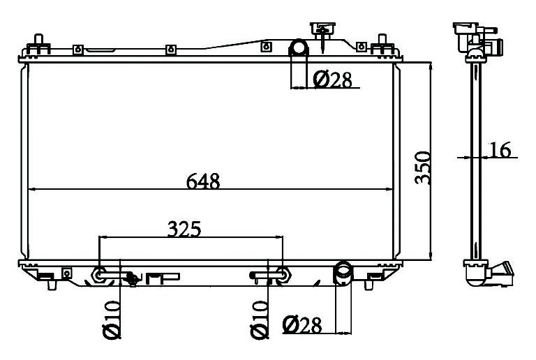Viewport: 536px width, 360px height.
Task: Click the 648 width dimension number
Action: pos(203,181)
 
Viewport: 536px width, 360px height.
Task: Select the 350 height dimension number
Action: pos(423,167)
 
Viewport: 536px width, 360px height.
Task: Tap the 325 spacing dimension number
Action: pos(184,229)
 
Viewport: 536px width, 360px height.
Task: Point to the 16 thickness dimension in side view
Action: pos(500,149)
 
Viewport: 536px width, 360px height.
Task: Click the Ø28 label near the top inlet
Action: pos(332,80)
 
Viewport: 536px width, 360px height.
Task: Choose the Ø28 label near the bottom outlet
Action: pos(302,325)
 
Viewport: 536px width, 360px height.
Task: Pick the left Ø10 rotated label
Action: pos(112,320)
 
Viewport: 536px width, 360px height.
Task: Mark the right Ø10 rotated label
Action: pos(260,320)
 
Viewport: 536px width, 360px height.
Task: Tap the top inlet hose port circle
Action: pos(299,48)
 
